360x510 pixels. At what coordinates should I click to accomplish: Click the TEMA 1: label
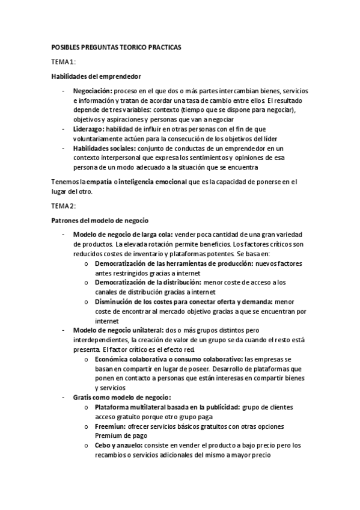coord(63,61)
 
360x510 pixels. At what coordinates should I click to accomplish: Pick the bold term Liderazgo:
coord(88,129)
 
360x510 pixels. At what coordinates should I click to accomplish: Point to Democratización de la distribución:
coord(148,283)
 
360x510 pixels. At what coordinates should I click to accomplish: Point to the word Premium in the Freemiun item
coord(108,435)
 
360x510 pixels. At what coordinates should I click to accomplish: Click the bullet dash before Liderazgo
coord(64,129)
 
